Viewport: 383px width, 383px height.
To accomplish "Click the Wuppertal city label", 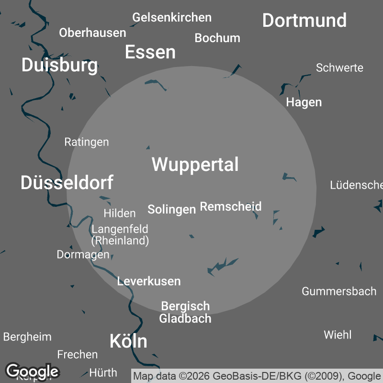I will (195, 164).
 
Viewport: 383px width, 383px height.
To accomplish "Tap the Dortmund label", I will (304, 21).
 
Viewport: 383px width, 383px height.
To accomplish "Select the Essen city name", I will (150, 52).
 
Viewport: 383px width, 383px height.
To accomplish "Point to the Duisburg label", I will (59, 65).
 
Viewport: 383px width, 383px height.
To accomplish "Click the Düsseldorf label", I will (67, 182).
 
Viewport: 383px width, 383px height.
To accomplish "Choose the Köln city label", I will (128, 341).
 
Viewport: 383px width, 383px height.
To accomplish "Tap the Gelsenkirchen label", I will (172, 18).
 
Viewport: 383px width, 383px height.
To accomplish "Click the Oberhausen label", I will (92, 33).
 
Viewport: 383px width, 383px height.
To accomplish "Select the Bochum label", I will (217, 38).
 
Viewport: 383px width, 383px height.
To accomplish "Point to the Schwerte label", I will (339, 68).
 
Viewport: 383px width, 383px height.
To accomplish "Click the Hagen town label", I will (304, 102).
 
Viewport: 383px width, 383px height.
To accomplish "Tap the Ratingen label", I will (87, 142).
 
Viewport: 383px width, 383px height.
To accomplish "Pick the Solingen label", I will (171, 209).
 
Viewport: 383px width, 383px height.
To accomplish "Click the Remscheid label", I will (231, 206).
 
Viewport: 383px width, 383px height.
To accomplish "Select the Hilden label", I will (120, 213).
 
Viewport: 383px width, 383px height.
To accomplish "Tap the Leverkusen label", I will (149, 281).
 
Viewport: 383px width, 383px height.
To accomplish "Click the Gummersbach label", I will (339, 291).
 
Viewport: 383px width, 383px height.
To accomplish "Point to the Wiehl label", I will (338, 335).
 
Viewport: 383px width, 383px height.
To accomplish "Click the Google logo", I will (32, 371).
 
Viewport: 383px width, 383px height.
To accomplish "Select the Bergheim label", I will (27, 337).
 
